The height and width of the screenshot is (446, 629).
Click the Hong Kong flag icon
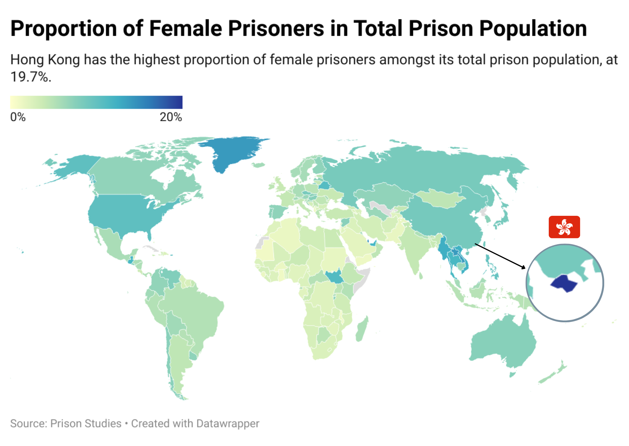[564, 227]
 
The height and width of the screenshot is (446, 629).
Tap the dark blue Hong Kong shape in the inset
[564, 283]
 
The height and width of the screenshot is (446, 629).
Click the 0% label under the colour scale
[18, 117]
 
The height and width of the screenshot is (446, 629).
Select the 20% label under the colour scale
[171, 117]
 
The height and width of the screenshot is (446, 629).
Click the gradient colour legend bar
[96, 102]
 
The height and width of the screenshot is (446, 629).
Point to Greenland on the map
[234, 151]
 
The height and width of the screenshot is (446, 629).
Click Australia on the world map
[504, 342]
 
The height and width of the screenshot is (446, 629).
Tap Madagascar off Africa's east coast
[362, 329]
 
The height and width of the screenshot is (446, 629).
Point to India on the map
[417, 248]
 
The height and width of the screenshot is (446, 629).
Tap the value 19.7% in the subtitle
[31, 77]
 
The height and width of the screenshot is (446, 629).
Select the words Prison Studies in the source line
[86, 423]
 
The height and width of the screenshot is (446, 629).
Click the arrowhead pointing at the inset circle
[524, 267]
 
